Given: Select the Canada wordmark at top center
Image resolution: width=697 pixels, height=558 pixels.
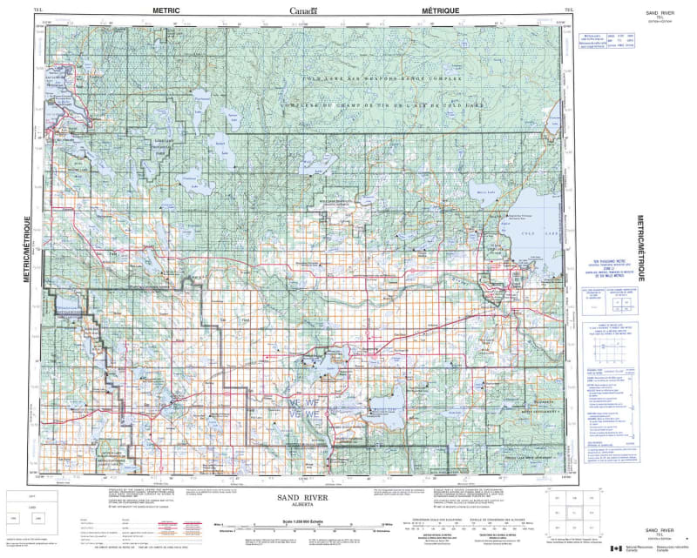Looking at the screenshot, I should point(304,10).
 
